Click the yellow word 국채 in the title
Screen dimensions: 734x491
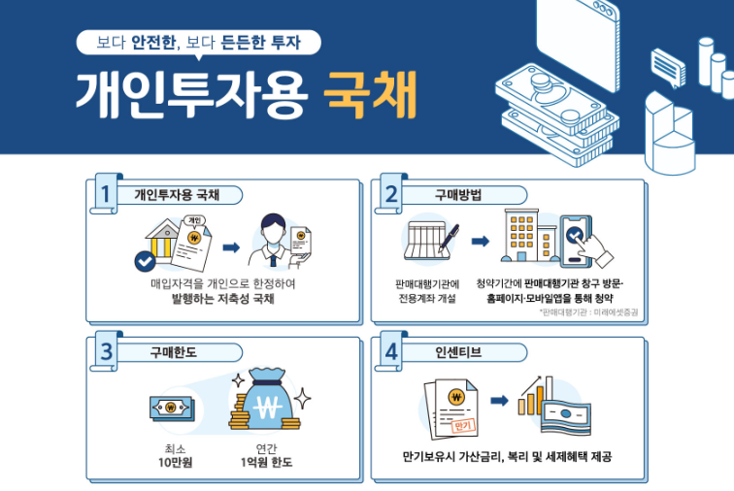[x=370, y=95]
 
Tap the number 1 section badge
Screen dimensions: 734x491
[x=106, y=193]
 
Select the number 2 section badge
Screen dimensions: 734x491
[x=391, y=193]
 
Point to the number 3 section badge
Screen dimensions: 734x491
[x=106, y=351]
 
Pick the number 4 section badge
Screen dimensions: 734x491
[x=391, y=351]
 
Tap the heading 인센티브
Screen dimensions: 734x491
[x=458, y=352]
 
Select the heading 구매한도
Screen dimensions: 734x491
[x=173, y=352]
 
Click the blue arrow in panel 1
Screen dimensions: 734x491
[x=231, y=247]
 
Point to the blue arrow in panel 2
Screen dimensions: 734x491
[x=481, y=241]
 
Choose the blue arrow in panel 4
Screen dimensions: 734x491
[x=499, y=401]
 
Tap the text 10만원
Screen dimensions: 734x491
[x=175, y=463]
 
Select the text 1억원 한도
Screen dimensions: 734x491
[x=266, y=463]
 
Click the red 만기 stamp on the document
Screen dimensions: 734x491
[x=463, y=426]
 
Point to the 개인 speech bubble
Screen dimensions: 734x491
[x=194, y=221]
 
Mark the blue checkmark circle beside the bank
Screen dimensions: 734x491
[x=145, y=262]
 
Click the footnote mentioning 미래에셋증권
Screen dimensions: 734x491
[x=588, y=312]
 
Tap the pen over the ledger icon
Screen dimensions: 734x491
[x=448, y=239]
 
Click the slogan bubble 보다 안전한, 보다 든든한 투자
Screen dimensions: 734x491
[x=198, y=43]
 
